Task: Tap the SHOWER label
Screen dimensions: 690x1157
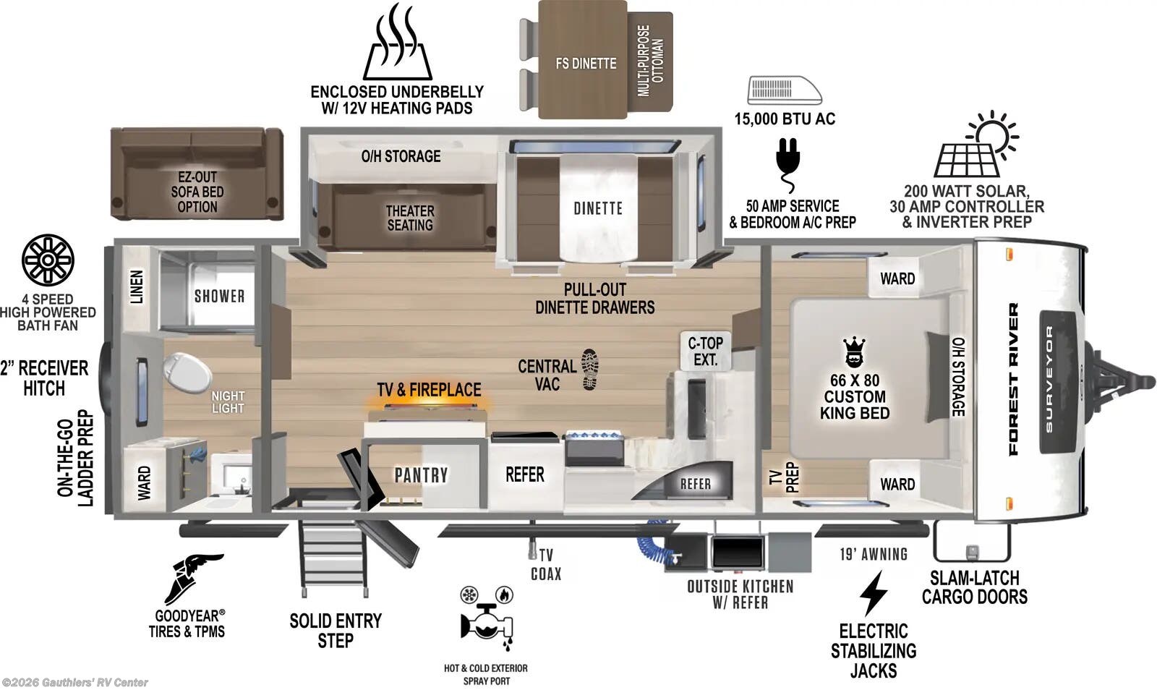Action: [219, 296]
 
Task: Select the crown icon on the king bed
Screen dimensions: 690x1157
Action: [854, 352]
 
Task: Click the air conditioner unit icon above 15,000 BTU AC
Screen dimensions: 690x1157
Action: [785, 90]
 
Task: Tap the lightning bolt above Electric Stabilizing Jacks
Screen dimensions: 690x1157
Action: [873, 593]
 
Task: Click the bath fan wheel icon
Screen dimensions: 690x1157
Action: [48, 260]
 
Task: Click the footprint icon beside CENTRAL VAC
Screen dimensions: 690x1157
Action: [589, 369]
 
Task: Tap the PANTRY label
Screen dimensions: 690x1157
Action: [421, 475]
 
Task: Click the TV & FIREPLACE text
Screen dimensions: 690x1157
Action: [429, 390]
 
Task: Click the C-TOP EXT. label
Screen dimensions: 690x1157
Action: [705, 351]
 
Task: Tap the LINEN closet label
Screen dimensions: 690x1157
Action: [136, 286]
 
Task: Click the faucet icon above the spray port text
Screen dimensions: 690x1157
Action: [486, 619]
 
